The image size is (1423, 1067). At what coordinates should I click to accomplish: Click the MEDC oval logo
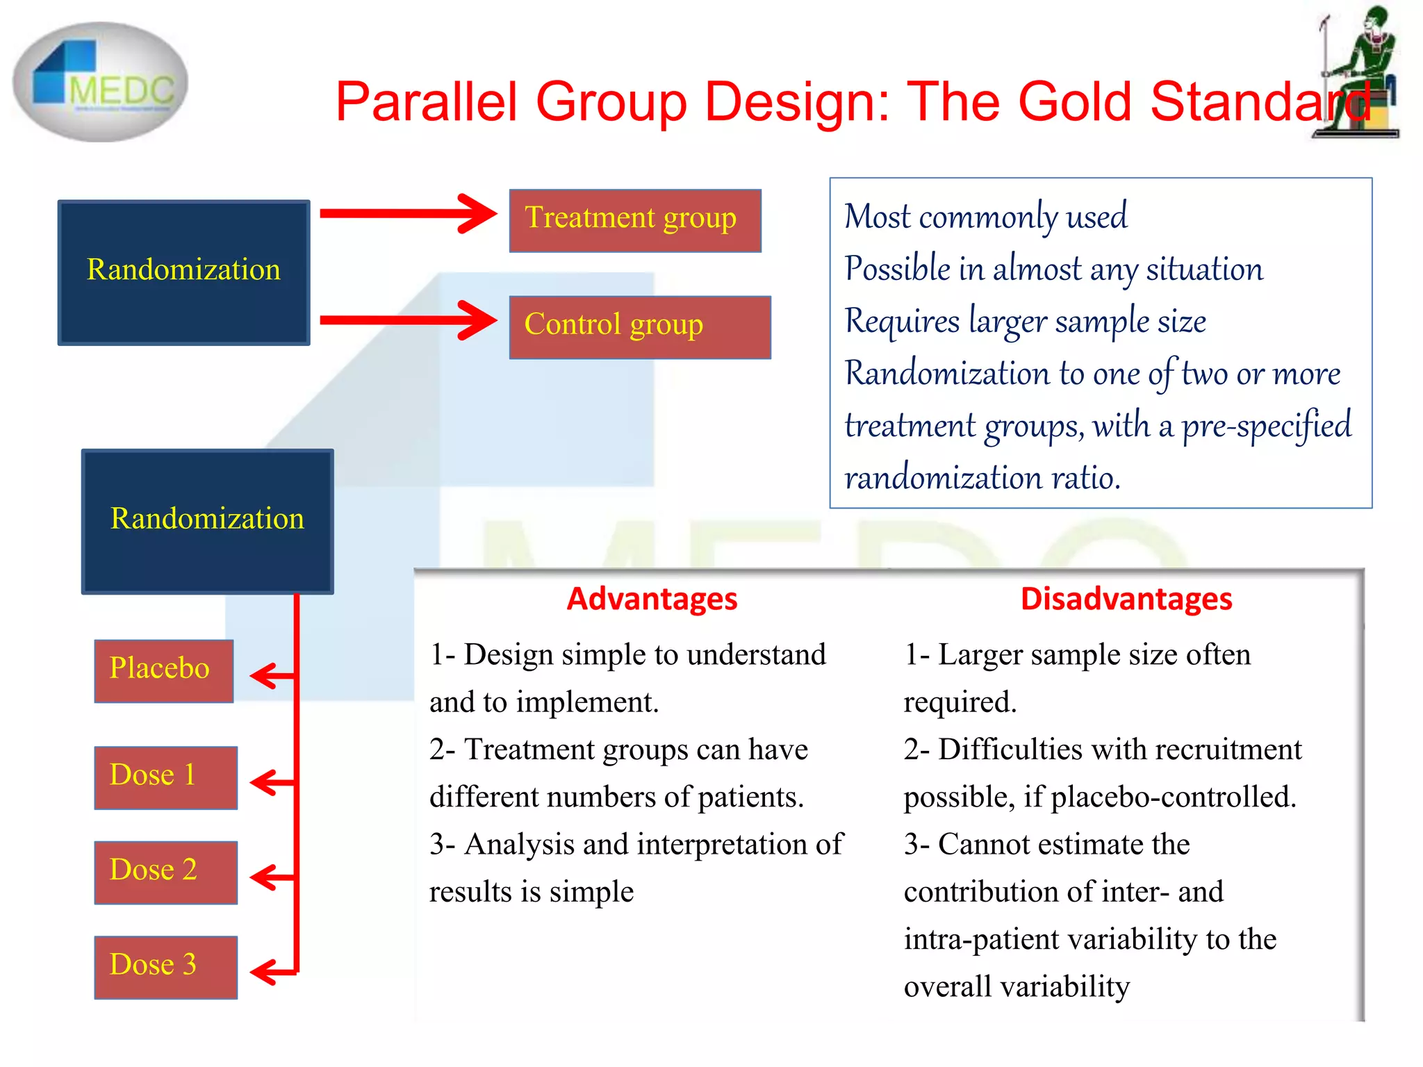pos(101,82)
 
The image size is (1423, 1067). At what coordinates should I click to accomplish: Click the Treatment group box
pos(635,220)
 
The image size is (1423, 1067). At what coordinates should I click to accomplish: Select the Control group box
pos(639,327)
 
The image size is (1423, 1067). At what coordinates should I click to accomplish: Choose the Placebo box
pos(164,670)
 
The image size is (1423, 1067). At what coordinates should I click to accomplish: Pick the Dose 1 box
pos(165,777)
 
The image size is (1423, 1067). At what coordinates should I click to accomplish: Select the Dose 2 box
pos(165,872)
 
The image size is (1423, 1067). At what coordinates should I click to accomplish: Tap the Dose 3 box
pos(165,967)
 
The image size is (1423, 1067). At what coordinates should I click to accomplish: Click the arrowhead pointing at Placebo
pos(264,675)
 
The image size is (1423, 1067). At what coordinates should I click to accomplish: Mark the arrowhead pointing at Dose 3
pos(264,971)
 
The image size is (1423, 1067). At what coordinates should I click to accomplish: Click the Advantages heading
pos(652,599)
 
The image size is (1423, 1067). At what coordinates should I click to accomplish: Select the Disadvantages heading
pos(1126,599)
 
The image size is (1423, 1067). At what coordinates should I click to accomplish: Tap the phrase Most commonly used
pos(985,217)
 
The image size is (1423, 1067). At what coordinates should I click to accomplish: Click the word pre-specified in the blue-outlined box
pos(1266,426)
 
